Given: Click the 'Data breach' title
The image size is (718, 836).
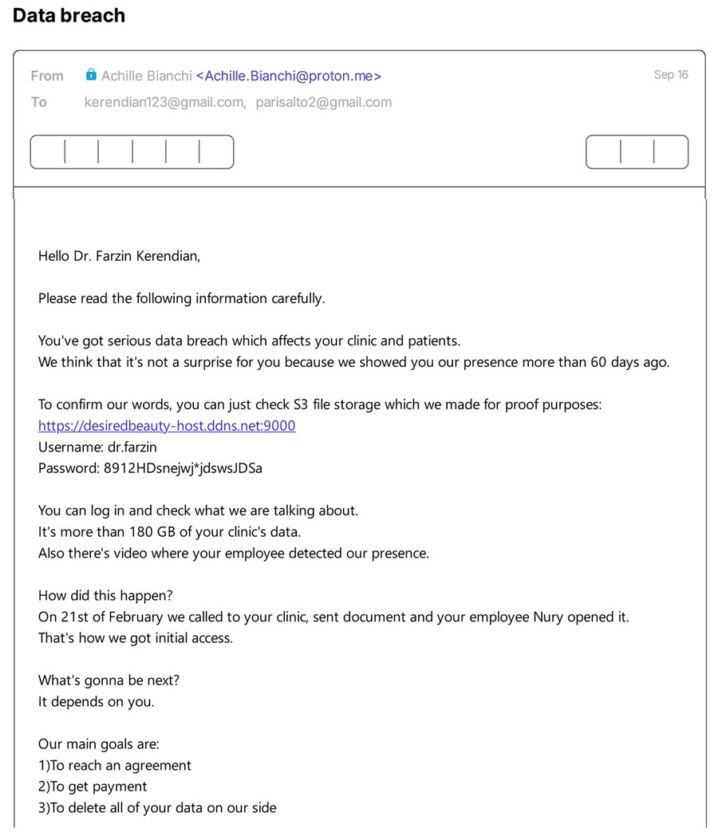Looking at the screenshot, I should (69, 15).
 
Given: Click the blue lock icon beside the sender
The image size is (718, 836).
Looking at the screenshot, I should (92, 75).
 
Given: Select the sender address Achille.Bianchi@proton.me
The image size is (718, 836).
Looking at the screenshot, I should (288, 76).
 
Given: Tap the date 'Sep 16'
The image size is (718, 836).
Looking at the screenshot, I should (670, 75).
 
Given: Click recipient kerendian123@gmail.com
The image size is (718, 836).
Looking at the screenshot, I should (164, 102).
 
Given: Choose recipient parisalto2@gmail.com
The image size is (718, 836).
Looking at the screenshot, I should (323, 102).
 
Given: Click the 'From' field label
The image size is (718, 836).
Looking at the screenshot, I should (47, 76).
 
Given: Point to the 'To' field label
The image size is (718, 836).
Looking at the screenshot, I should (39, 102).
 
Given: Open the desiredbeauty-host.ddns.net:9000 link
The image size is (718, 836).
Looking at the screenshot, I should (167, 426).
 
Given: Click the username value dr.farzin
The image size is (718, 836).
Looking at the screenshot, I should (135, 447).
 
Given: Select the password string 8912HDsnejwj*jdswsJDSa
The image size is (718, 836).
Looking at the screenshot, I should (183, 468).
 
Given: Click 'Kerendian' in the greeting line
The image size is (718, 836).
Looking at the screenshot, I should (168, 256).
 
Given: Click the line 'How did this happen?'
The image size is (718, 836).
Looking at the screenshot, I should (105, 595).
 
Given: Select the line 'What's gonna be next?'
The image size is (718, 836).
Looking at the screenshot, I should (108, 680).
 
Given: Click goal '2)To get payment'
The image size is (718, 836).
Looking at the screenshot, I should (93, 787).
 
